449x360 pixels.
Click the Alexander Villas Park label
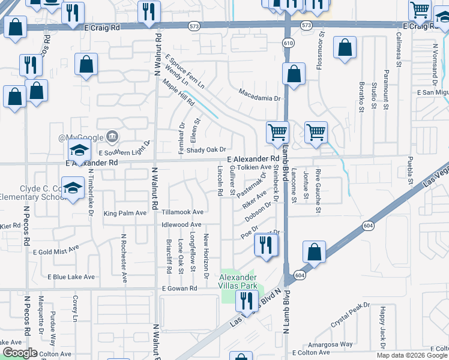tap(238, 281)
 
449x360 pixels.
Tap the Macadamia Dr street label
tap(259, 94)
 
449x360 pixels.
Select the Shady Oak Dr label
tap(206, 150)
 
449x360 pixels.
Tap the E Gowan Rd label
tap(179, 289)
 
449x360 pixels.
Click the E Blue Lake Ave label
tap(71, 277)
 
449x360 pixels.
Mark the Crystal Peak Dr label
tap(350, 314)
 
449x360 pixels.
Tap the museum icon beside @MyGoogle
tap(111, 137)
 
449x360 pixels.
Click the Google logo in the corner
tap(20, 353)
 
